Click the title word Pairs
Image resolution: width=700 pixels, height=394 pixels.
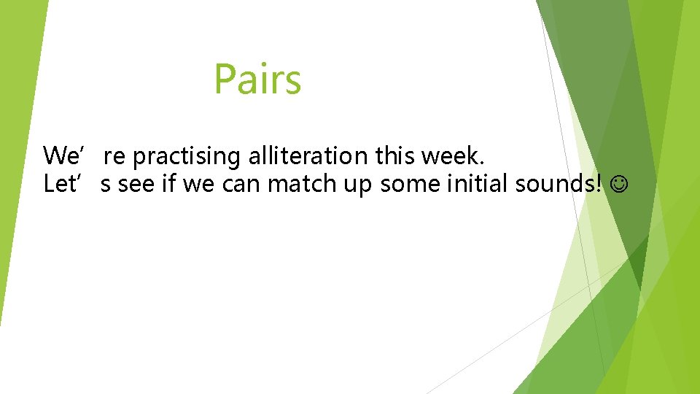[257, 80]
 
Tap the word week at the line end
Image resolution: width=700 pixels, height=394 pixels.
[453, 155]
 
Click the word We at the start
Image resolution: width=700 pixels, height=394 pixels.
[58, 155]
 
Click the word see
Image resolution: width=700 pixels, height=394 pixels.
[136, 185]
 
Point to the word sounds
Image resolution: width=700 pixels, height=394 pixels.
[556, 184]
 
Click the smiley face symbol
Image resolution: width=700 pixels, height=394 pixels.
[619, 185]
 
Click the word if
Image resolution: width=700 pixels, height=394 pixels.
[169, 184]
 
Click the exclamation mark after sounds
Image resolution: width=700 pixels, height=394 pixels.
[600, 184]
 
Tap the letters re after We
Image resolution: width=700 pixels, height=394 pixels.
[114, 157]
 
